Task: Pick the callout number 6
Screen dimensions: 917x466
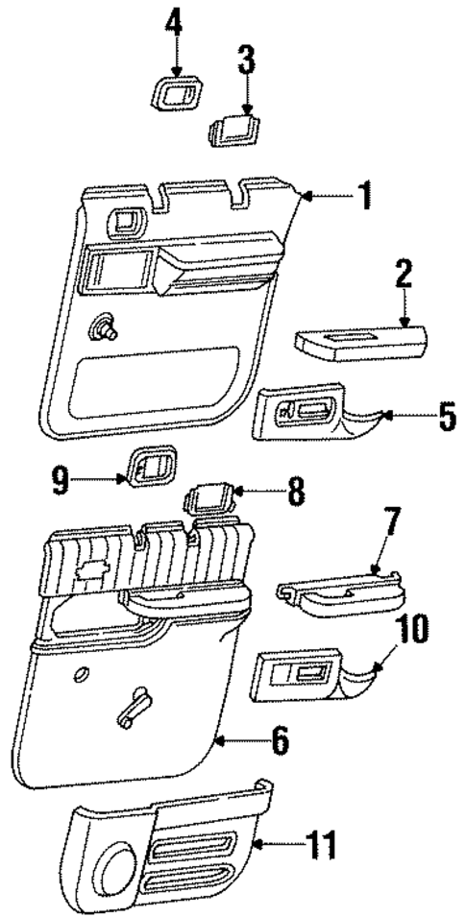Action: (279, 742)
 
